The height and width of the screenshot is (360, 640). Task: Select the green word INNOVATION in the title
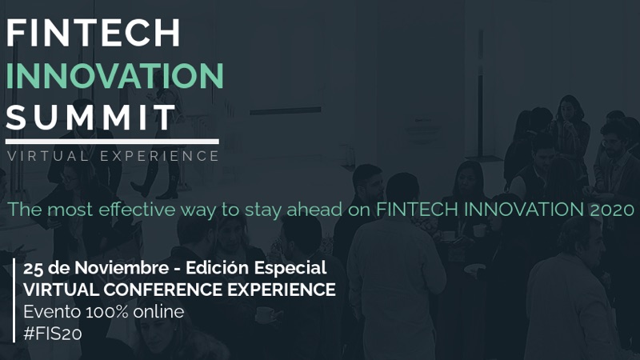(x=114, y=75)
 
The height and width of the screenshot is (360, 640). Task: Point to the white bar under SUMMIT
(x=112, y=142)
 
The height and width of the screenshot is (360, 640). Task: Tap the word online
(x=159, y=311)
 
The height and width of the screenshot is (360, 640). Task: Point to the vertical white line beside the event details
(x=15, y=300)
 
